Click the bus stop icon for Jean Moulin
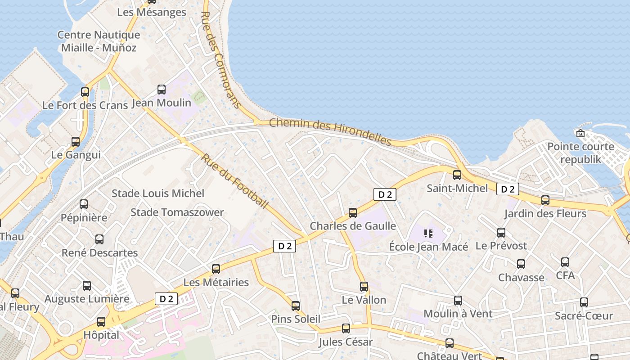coord(162,90)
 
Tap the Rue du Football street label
coord(234,181)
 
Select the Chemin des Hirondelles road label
coord(330,131)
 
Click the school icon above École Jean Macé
coord(428,233)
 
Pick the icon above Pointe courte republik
coord(580,133)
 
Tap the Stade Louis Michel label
coord(158,193)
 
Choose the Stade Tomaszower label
coord(177,212)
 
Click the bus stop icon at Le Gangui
coord(76,142)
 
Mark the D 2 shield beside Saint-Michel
coord(508,189)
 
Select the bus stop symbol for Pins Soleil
coord(296,306)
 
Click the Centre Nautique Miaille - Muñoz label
coord(99,41)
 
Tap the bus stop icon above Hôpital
coord(101,322)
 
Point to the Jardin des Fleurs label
coord(545,213)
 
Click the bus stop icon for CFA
coord(565,262)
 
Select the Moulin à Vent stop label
coord(458,314)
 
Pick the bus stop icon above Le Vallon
coord(364,287)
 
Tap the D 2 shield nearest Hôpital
coord(166,298)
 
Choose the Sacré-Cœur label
coord(584,316)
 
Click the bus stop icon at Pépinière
coord(84,204)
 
